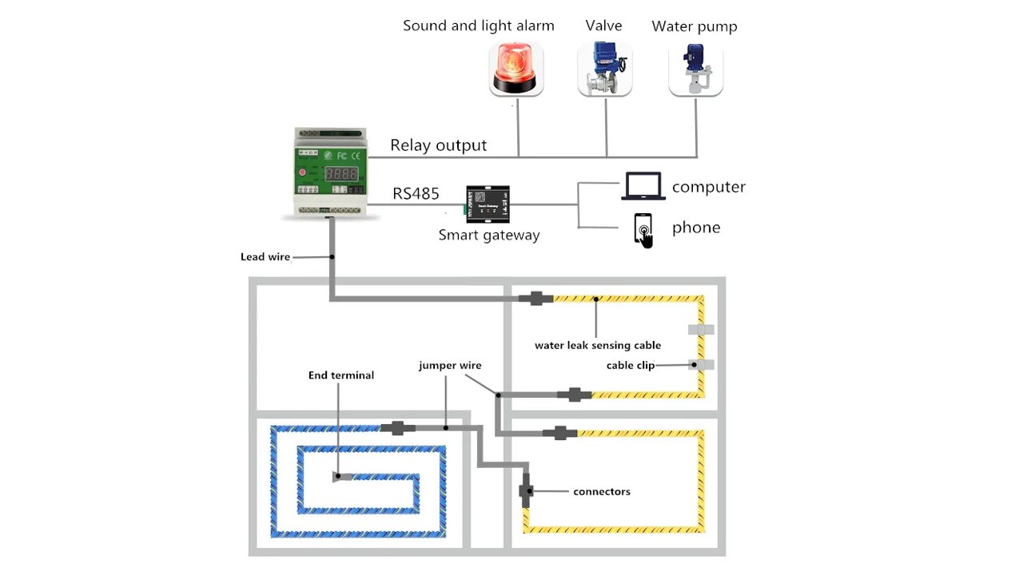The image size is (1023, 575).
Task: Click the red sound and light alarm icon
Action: (516, 70)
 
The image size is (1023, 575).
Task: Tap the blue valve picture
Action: (605, 70)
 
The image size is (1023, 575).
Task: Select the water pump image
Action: (695, 70)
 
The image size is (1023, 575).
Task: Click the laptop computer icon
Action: (643, 187)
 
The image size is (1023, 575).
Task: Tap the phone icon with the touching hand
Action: (643, 230)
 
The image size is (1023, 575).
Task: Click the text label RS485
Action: (416, 194)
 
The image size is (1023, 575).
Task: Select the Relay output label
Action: (438, 145)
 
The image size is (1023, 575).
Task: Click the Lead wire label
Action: (265, 257)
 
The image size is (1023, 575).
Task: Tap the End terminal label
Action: (341, 375)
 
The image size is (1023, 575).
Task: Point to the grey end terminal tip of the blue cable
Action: (340, 478)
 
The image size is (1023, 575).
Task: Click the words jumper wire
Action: (450, 366)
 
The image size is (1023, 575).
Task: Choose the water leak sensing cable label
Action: (598, 346)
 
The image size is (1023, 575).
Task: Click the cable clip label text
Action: (631, 366)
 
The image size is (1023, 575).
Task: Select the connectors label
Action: (602, 492)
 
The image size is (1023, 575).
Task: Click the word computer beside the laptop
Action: (708, 187)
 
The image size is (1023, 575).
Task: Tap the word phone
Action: (695, 228)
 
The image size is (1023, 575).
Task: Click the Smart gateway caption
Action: (489, 236)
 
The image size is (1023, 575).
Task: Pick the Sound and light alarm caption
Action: (478, 26)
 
